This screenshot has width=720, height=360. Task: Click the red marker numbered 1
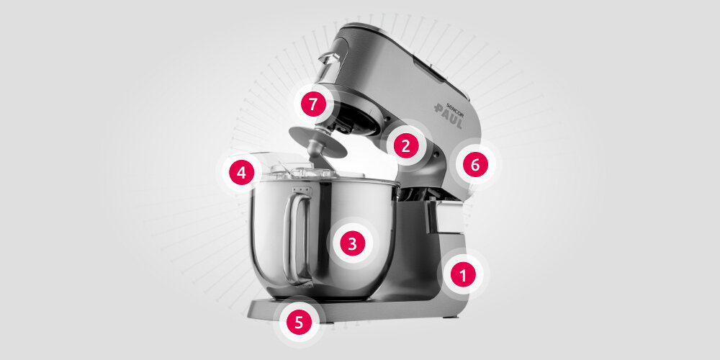[x=463, y=274]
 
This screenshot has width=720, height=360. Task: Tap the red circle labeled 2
[x=406, y=145]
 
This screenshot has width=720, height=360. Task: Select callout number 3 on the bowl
[x=352, y=243]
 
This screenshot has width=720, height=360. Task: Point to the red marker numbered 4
[x=241, y=173]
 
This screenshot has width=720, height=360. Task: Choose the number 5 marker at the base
[x=299, y=322]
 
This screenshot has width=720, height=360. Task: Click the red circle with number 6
[x=475, y=164]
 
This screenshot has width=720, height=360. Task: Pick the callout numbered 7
[x=313, y=104]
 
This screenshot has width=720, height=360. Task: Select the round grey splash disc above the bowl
[x=318, y=141]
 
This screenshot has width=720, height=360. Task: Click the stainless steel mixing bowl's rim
[x=325, y=181]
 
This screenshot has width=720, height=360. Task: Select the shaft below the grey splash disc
[x=316, y=156]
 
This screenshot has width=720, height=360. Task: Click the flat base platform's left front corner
[x=248, y=316]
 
